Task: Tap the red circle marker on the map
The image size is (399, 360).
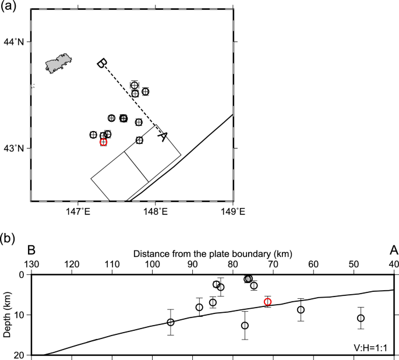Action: tap(103, 142)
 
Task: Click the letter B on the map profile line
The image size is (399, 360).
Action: tap(101, 63)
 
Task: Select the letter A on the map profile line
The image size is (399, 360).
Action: tap(163, 136)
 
